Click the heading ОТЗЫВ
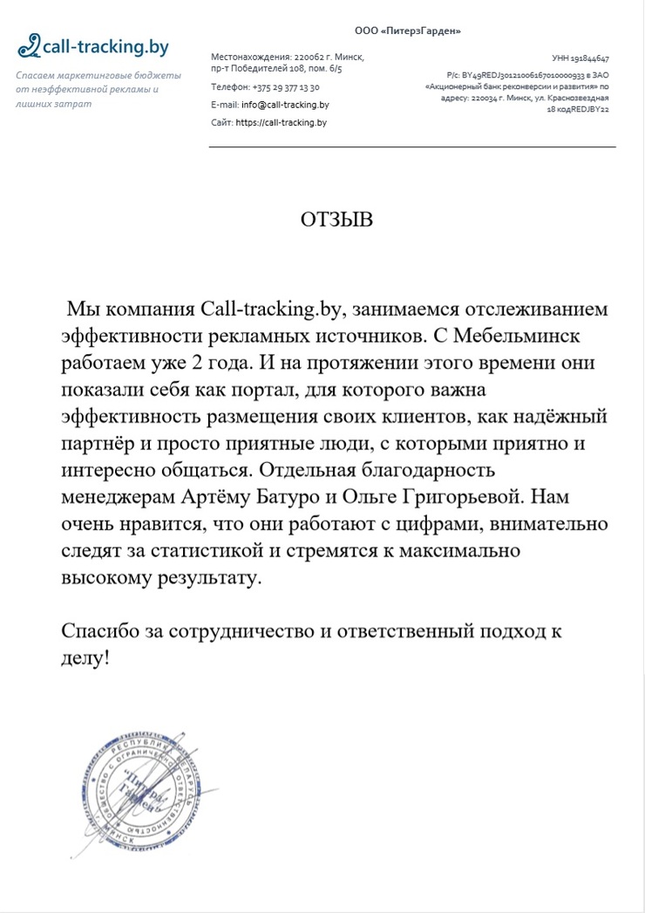336,220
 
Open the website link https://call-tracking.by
281,123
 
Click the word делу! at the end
85,656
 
